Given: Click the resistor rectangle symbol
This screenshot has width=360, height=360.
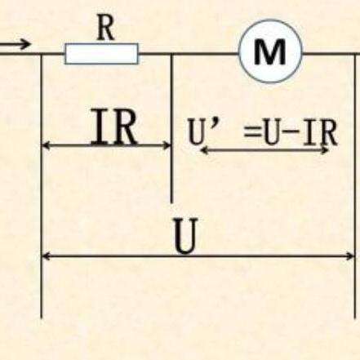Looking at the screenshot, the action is coord(101,54).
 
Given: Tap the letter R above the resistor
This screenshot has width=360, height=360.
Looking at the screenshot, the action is coord(106,29).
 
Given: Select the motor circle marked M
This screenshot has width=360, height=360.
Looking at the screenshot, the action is coord(271,51).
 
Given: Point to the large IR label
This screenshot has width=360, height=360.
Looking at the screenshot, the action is coord(114,127).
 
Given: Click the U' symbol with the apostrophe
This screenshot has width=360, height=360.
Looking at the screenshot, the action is coord(202,131).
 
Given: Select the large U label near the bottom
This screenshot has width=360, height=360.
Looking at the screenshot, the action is coord(184,236).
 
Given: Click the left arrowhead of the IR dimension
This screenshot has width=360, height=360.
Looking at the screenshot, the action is coord(46,146).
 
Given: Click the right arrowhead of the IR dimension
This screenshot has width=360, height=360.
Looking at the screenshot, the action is coord(167,146).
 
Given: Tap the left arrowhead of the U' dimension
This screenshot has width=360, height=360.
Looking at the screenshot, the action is coord(204,150).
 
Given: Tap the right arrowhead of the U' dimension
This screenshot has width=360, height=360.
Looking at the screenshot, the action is coord(325,150).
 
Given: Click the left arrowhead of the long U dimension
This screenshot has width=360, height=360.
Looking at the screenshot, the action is coord(46,256).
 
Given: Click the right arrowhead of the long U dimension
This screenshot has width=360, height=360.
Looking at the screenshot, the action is coord(350,256).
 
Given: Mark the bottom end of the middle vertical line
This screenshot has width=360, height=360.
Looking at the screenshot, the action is coord(171,202).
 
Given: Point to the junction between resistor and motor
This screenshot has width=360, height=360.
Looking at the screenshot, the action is coord(171,54).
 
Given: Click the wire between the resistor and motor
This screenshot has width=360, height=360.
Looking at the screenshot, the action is coord(189,54).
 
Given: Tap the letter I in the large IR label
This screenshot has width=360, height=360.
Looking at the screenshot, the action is coord(99,127).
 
